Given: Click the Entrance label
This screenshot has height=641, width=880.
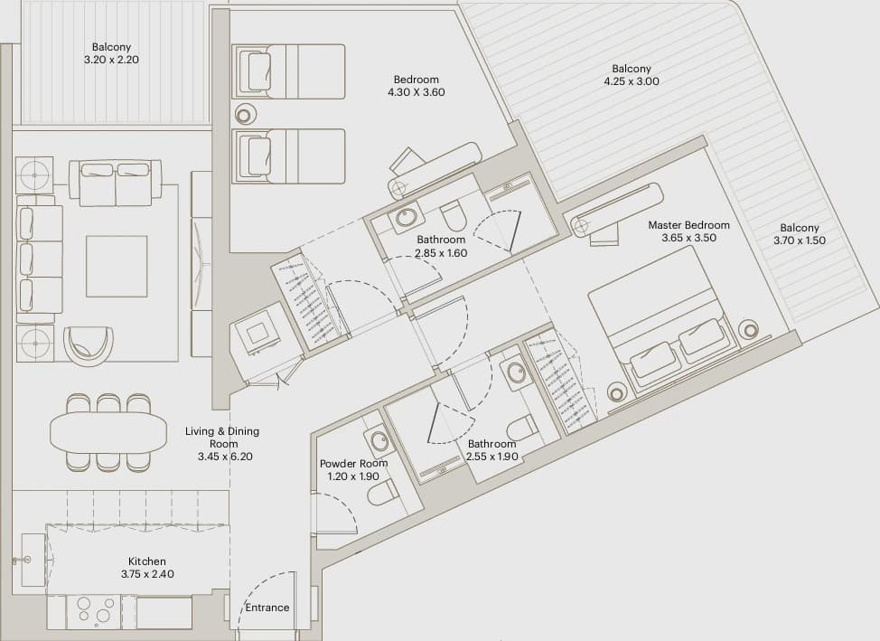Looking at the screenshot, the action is coord(267,608).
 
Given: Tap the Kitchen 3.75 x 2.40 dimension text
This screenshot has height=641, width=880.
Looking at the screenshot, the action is coord(147,574).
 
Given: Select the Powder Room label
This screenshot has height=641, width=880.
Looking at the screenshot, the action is coord(353,464).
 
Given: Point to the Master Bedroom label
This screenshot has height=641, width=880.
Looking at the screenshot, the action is coord(688,225).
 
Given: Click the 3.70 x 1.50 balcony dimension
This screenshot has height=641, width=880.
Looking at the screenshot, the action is coord(800,240).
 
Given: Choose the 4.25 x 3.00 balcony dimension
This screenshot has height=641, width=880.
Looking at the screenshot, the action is coord(632,80).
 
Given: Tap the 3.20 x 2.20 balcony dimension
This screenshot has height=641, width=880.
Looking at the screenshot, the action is coord(111,60).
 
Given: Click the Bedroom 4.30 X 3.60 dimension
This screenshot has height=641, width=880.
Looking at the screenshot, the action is coord(416,92).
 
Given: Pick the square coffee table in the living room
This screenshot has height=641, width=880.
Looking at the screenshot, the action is coord(117,267).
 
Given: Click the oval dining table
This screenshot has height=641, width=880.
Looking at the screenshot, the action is coord(108,432).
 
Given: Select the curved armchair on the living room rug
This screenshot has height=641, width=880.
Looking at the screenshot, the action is coord(89,343).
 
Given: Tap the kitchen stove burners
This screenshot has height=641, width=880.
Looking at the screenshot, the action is coord(94,610).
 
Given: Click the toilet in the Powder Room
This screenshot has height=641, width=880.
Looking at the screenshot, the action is coord(383,492).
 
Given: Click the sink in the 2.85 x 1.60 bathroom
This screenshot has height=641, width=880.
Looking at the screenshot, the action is coord(405,217).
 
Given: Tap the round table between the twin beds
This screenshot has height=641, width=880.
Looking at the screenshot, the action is coord(244,115).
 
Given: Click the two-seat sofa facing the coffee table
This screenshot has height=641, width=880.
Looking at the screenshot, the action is coord(116,184).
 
